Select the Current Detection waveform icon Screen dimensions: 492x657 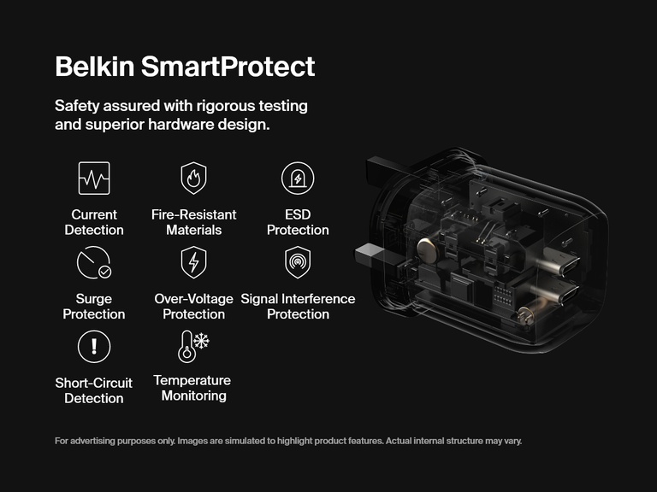(94, 179)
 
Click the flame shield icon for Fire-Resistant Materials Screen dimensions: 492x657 (193, 179)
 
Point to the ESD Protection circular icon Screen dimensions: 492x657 (298, 179)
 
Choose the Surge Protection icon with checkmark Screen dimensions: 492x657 (94, 262)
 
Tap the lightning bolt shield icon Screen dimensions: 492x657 (193, 262)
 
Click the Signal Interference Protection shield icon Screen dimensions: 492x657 (298, 262)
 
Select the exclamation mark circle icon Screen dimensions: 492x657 (94, 346)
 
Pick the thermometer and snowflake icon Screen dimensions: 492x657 (193, 346)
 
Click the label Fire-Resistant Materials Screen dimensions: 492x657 (193, 222)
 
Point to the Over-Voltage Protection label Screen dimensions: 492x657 (193, 307)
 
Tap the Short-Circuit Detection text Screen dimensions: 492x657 (94, 390)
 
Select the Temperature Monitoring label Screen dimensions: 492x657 (193, 388)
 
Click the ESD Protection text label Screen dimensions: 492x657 (298, 222)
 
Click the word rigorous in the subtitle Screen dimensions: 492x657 (211, 107)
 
